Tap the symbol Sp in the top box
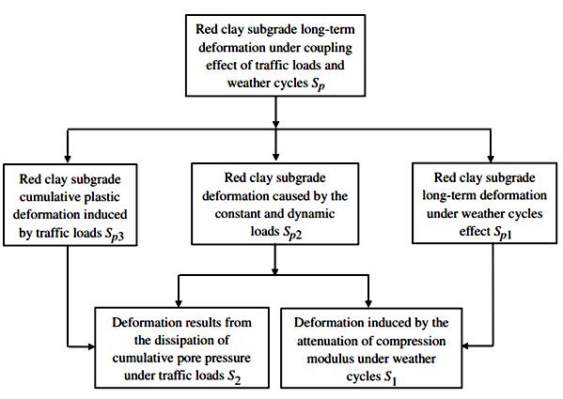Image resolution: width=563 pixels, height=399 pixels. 318,84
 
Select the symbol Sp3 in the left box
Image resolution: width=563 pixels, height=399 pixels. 114,234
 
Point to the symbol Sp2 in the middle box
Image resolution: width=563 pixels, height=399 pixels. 292,232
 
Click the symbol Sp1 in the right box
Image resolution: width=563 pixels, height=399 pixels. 503,232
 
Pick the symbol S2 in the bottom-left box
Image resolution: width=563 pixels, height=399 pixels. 234,376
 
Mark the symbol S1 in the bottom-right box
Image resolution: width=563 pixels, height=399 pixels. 390,377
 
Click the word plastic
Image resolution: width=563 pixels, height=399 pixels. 101,197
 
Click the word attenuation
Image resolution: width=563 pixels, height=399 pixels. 327,341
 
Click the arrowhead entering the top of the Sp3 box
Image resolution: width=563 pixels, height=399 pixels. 68,159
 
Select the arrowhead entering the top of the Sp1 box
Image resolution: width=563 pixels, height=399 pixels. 491,158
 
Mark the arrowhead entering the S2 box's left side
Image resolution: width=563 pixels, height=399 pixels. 91,346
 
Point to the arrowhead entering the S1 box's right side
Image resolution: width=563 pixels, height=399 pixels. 466,345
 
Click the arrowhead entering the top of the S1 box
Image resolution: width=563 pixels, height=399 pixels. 368,303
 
